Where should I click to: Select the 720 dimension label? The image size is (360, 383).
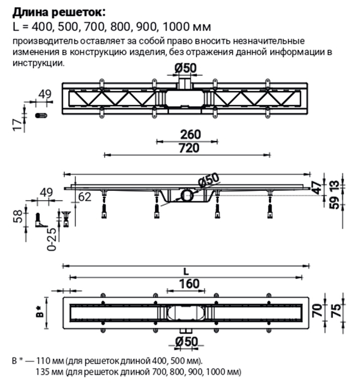click(x=189, y=148)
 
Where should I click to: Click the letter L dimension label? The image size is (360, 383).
click(x=186, y=272)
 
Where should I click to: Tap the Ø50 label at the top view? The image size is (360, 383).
click(x=185, y=67)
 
